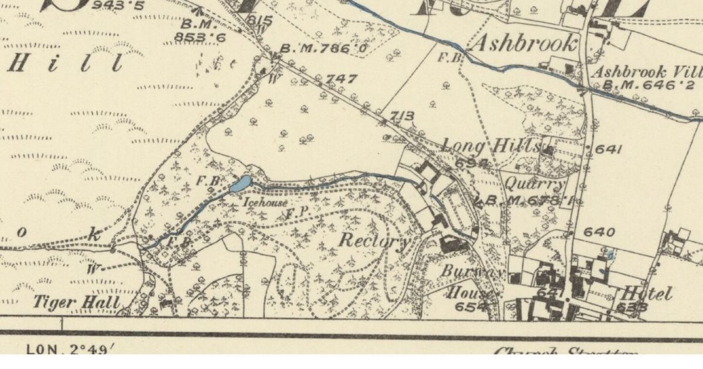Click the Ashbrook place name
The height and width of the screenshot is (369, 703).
click(x=524, y=44)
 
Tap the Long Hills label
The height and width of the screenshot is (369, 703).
click(x=491, y=145)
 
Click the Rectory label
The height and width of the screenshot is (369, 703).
click(x=373, y=240)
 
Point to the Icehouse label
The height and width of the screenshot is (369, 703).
click(x=265, y=203)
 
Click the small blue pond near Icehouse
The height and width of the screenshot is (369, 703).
click(x=240, y=184)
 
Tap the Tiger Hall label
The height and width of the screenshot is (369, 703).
click(x=76, y=303)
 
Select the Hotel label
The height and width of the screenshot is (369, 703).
click(x=647, y=293)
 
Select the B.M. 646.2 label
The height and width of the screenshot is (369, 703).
click(x=640, y=86)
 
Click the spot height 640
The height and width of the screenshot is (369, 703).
click(x=600, y=233)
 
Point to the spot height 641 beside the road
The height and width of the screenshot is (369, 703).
click(x=608, y=150)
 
